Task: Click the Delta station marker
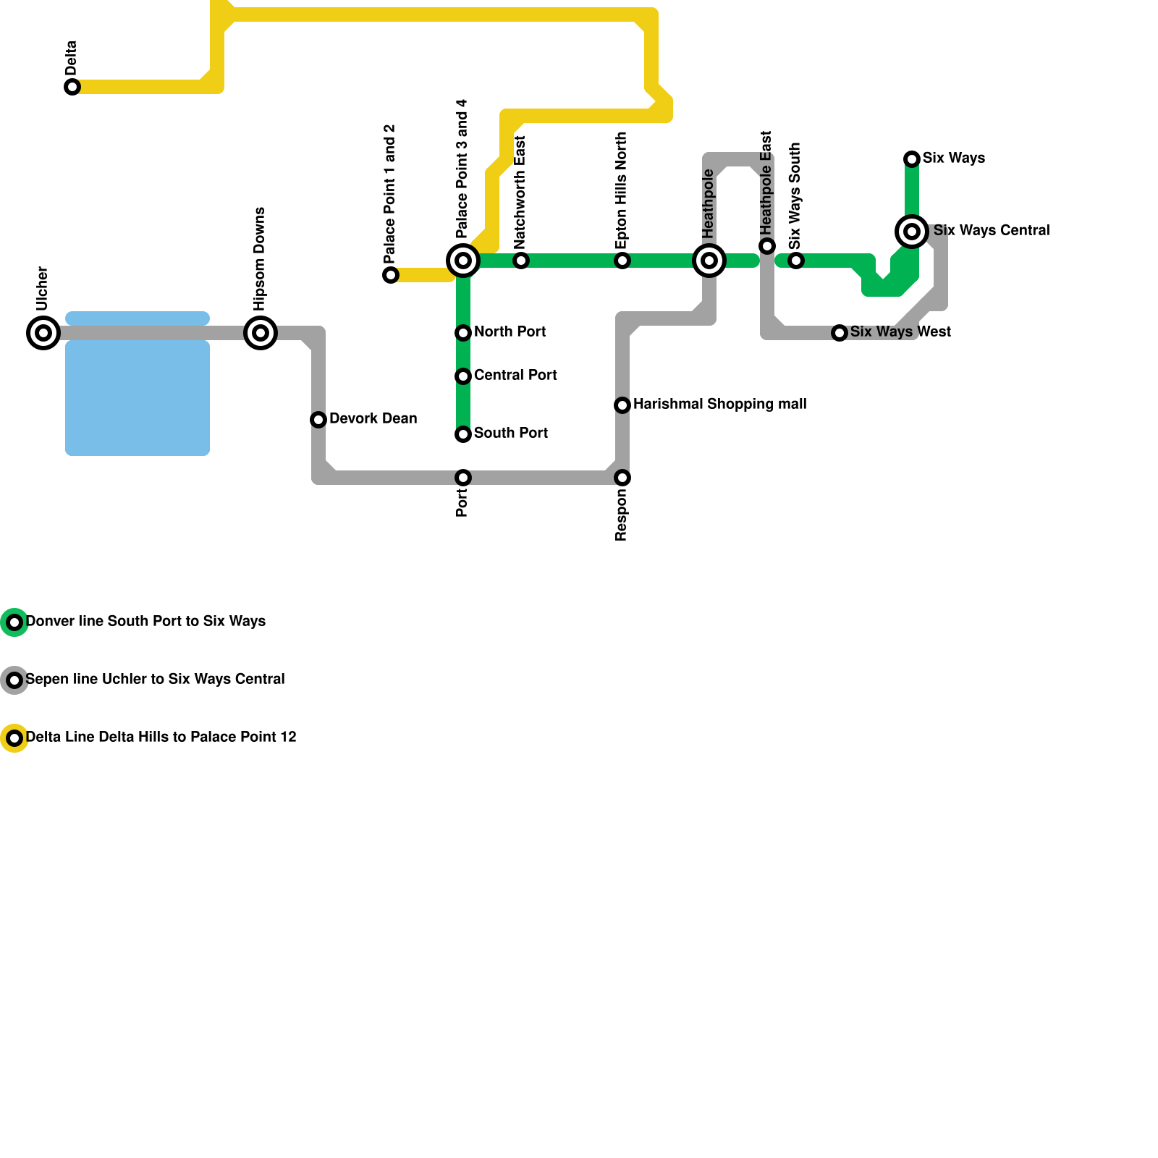pos(72,87)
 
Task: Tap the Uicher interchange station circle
pos(43,333)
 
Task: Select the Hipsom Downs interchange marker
pos(261,333)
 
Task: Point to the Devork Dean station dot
pos(318,420)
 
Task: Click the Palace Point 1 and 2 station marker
pos(391,275)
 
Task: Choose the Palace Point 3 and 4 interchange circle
pos(463,261)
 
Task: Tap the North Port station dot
pos(463,333)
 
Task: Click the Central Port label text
pos(515,375)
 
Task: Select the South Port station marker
pos(463,434)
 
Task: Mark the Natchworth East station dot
pos(521,261)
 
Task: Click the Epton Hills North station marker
pos(622,261)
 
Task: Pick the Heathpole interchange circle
pos(709,261)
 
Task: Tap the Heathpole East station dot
pos(767,246)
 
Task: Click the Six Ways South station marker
pos(796,261)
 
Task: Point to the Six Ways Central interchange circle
pos(912,232)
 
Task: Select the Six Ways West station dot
pos(840,333)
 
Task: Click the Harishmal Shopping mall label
pos(719,404)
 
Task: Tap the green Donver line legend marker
pos(14,622)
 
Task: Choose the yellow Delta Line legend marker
pos(14,738)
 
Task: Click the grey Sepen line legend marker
pos(14,680)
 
